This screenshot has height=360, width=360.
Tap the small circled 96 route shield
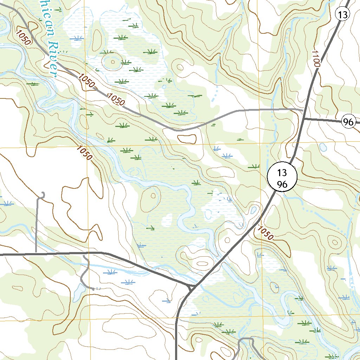click(x=348, y=122)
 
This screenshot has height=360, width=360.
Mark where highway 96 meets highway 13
click(x=304, y=119)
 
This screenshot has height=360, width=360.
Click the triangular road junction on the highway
click(x=191, y=288)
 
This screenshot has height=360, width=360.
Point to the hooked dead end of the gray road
click(x=43, y=194)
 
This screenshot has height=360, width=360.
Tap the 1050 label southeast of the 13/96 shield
click(x=265, y=232)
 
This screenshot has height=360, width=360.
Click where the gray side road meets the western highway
click(x=36, y=253)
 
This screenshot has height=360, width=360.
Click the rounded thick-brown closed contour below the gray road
click(x=187, y=139)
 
